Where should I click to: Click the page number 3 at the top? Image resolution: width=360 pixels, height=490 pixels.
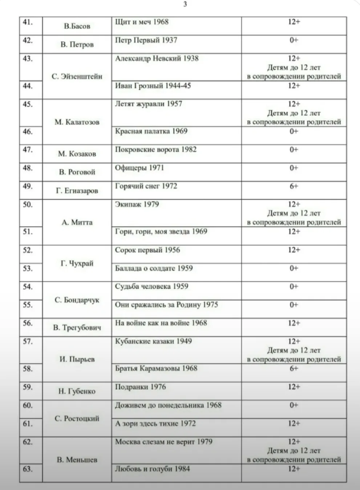185,4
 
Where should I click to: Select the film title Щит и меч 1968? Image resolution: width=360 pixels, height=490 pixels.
142,22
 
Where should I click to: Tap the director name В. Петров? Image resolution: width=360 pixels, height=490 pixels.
77,45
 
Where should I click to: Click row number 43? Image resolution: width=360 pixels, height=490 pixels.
28,58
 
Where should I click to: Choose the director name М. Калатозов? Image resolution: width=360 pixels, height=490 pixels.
77,122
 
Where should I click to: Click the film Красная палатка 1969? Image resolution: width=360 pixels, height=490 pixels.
151,131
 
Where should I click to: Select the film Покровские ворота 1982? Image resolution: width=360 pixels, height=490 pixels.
155,150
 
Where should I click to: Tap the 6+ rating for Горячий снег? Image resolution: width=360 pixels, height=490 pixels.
294,186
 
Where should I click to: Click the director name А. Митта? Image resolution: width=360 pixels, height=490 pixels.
77,222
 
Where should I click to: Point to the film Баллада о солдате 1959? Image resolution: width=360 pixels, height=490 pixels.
154,268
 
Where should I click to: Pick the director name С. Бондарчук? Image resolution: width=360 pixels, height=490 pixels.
77,300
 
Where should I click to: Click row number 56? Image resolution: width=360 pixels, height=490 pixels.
28,323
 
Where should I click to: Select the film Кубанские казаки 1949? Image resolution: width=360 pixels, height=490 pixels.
153,341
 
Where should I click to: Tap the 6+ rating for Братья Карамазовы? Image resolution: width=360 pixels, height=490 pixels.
294,368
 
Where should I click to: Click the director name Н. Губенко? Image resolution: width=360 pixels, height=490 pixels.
77,391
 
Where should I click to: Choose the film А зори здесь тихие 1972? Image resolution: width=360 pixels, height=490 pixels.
155,423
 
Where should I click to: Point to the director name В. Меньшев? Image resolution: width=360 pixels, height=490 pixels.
77,460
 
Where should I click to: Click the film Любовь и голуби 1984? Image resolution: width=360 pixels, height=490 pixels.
152,469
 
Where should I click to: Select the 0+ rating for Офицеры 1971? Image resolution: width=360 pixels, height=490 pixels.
294,168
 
